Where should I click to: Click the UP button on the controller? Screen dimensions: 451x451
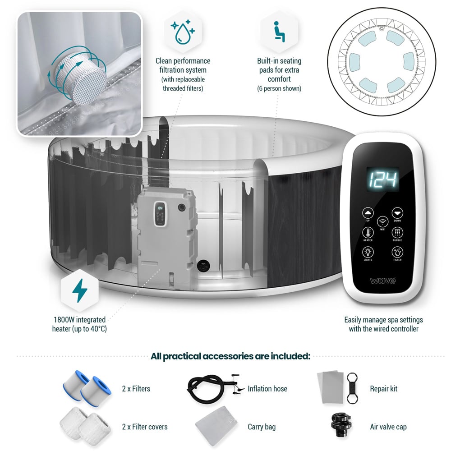point(368,213)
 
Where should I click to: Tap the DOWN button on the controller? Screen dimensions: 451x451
point(397,213)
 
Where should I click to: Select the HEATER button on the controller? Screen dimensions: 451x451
point(368,232)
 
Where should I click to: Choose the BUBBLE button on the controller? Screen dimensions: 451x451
point(397,232)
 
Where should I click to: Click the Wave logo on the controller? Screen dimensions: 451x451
point(382,281)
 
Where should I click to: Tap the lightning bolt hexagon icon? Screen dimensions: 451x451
point(80,290)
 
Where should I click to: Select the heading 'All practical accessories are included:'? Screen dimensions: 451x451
point(230,356)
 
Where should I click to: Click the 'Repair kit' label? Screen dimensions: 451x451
point(384,388)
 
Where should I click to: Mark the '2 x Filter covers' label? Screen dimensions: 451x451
point(145,427)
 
